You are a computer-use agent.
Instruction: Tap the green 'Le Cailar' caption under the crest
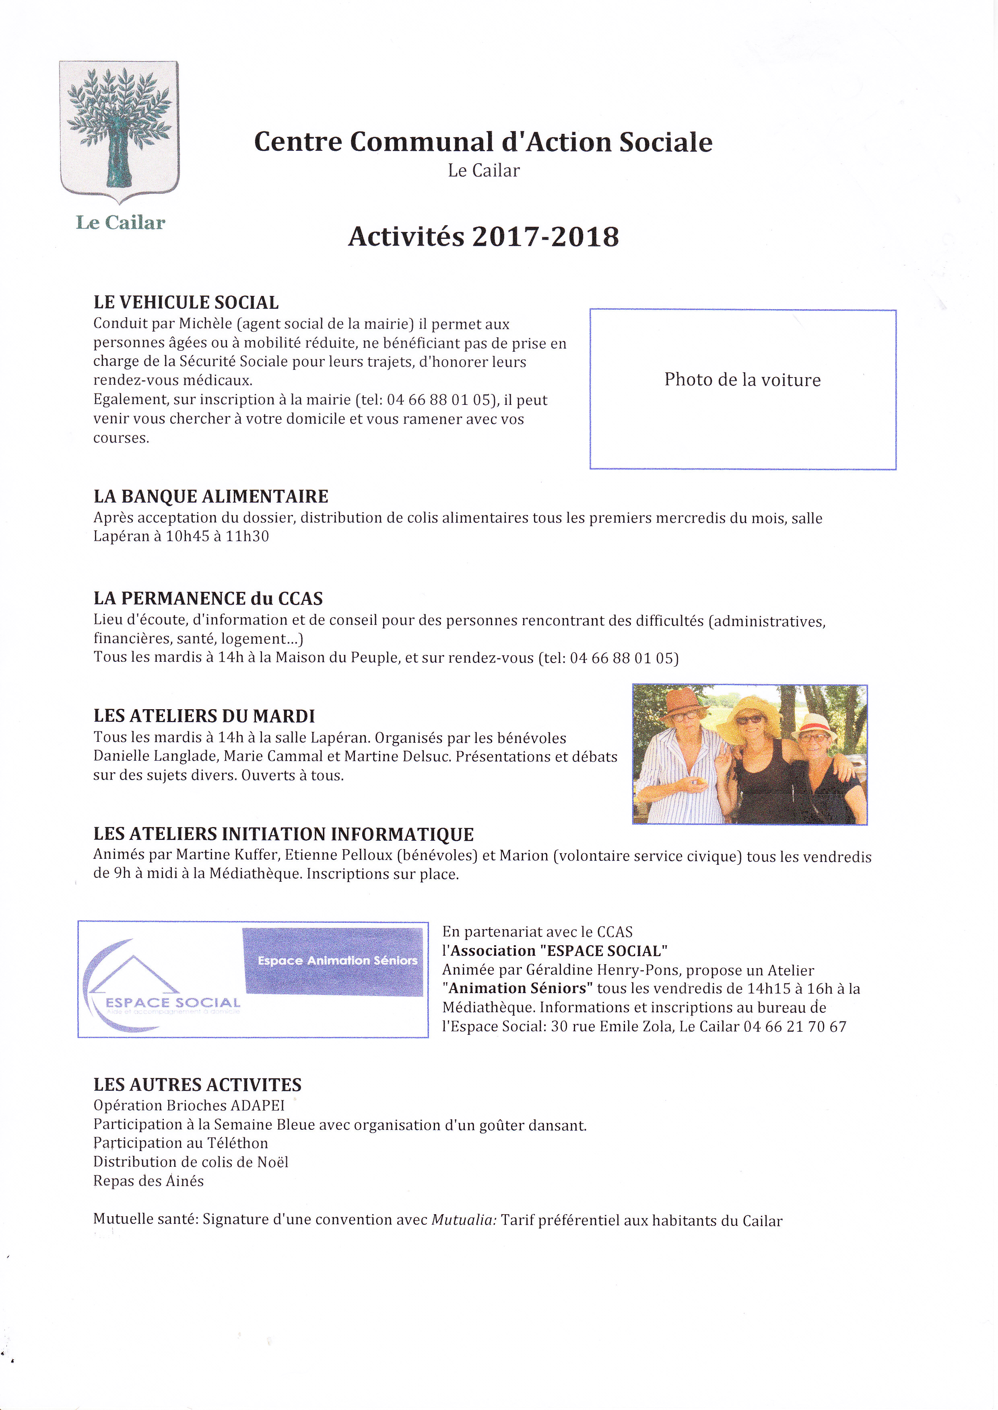tap(120, 222)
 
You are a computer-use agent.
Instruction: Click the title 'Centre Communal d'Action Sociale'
tap(483, 142)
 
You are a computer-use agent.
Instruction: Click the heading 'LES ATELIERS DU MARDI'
tap(204, 716)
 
